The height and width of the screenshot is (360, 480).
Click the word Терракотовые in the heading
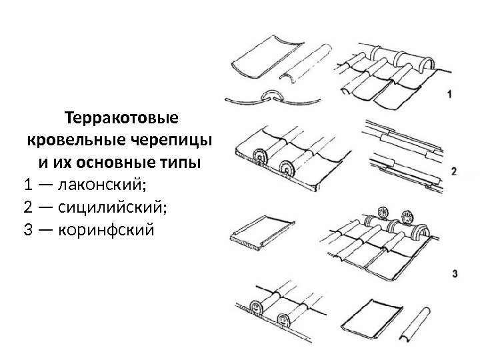[x=121, y=120]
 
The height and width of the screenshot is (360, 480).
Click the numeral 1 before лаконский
[x=27, y=183]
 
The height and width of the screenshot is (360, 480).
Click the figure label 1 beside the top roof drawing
[x=450, y=95]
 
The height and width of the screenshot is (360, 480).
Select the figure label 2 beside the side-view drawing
[x=454, y=172]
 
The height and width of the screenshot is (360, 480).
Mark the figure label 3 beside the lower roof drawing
[x=454, y=274]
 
